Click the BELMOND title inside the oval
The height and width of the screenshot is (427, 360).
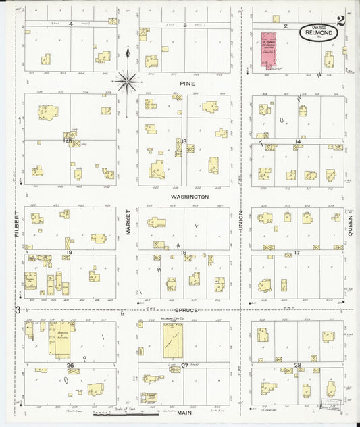(317, 32)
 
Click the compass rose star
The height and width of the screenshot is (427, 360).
(127, 82)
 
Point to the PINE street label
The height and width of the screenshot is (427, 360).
(187, 83)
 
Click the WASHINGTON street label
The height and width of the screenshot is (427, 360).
(190, 197)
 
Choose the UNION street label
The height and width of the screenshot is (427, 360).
(241, 220)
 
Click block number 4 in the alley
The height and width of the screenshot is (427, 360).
(70, 24)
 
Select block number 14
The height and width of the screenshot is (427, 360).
(297, 141)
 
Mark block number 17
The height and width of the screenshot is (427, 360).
(297, 253)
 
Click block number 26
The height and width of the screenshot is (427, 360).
(70, 366)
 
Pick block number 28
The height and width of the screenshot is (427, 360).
(297, 366)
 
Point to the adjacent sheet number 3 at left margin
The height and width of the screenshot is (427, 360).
(18, 309)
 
